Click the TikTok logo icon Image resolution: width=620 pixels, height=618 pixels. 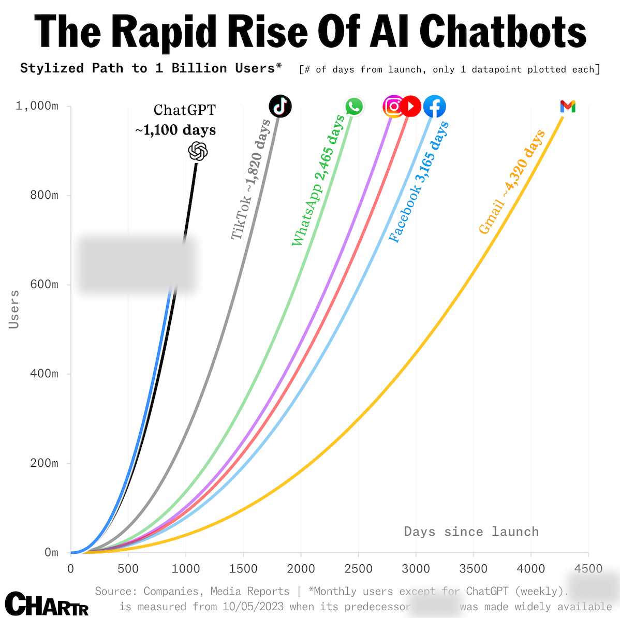click(x=280, y=106)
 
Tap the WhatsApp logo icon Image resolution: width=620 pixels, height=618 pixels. click(x=354, y=107)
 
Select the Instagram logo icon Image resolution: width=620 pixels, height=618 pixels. click(x=393, y=106)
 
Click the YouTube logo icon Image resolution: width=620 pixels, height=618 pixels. click(x=411, y=106)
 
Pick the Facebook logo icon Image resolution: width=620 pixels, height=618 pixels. click(x=434, y=107)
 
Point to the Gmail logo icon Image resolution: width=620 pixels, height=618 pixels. click(x=567, y=107)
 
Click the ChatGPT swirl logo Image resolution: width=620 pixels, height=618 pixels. click(x=198, y=151)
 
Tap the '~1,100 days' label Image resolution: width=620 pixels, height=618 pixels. click(x=175, y=129)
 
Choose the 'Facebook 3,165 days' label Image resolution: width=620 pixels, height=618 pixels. click(x=419, y=182)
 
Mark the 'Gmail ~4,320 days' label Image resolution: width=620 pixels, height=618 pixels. click(x=512, y=182)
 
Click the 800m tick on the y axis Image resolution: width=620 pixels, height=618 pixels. click(x=44, y=195)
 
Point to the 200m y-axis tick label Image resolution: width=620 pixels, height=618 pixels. click(x=44, y=463)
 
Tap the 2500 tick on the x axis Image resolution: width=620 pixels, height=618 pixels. click(x=358, y=569)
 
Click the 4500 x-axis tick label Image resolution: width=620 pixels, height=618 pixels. click(x=588, y=569)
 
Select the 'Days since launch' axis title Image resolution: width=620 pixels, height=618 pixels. click(x=471, y=532)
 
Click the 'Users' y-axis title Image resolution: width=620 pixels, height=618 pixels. click(x=14, y=309)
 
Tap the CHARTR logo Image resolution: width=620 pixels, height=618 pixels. click(x=47, y=604)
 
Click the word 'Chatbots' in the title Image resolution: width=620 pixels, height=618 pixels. click(x=503, y=32)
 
